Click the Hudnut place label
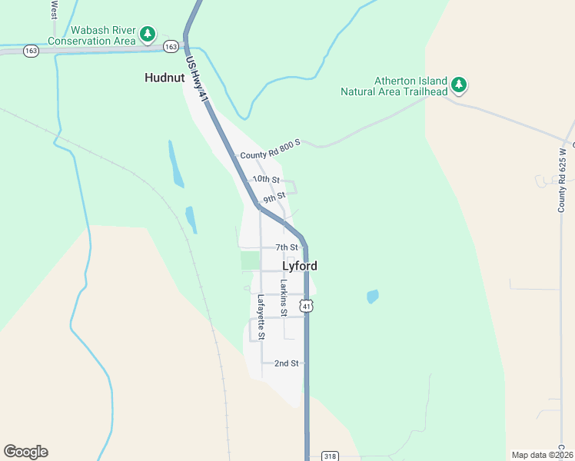pyautogui.click(x=165, y=78)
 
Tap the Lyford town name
pyautogui.click(x=300, y=266)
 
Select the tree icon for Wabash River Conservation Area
pyautogui.click(x=148, y=35)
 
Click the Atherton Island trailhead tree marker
pyautogui.click(x=459, y=85)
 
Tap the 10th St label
pyautogui.click(x=266, y=179)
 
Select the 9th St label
pyautogui.click(x=274, y=198)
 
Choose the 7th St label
pyautogui.click(x=287, y=247)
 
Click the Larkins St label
pyautogui.click(x=284, y=298)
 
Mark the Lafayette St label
pyautogui.click(x=261, y=317)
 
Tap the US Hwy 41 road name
pyautogui.click(x=198, y=79)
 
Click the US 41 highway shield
pyautogui.click(x=307, y=307)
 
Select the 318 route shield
pyautogui.click(x=330, y=455)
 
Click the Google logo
pyautogui.click(x=25, y=452)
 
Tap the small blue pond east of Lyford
pyautogui.click(x=373, y=296)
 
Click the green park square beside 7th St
pyautogui.click(x=250, y=260)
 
